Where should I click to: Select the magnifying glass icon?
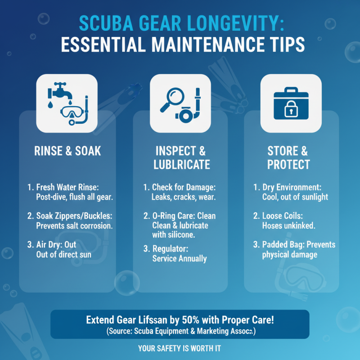(x=172, y=99)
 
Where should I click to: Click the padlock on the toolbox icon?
(x=291, y=108)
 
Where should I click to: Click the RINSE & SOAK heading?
(x=67, y=151)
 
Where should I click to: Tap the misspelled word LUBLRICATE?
(x=182, y=164)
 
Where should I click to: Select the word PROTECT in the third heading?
(x=288, y=164)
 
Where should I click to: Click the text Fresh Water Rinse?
(x=67, y=187)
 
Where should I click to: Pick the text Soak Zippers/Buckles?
(x=74, y=216)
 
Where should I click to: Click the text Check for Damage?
(x=184, y=187)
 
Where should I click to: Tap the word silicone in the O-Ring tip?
(x=182, y=234)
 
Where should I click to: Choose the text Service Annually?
(x=180, y=258)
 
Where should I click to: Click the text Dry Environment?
(x=292, y=187)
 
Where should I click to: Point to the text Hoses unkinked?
(x=288, y=226)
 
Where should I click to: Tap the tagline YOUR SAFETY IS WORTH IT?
(x=180, y=348)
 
